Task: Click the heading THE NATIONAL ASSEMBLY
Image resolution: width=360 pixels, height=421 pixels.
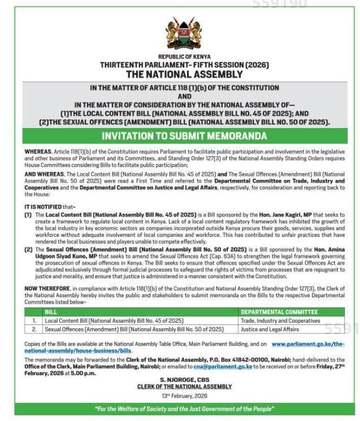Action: [185, 74]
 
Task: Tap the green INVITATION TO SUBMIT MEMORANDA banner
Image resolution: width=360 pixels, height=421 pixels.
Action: [185, 136]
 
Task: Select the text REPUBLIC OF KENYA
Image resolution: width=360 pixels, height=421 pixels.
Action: [185, 57]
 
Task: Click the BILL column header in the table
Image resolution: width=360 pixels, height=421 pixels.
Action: [51, 312]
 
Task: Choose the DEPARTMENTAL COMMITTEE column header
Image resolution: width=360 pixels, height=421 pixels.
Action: [279, 312]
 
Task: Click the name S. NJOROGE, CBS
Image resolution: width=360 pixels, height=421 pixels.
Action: [185, 380]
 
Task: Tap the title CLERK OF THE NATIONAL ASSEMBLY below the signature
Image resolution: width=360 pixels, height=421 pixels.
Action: [185, 387]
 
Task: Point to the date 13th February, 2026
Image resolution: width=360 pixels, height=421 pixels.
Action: [185, 396]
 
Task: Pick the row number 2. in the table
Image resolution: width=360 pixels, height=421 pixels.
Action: [34, 329]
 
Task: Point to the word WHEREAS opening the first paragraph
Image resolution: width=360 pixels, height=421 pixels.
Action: [37, 151]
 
